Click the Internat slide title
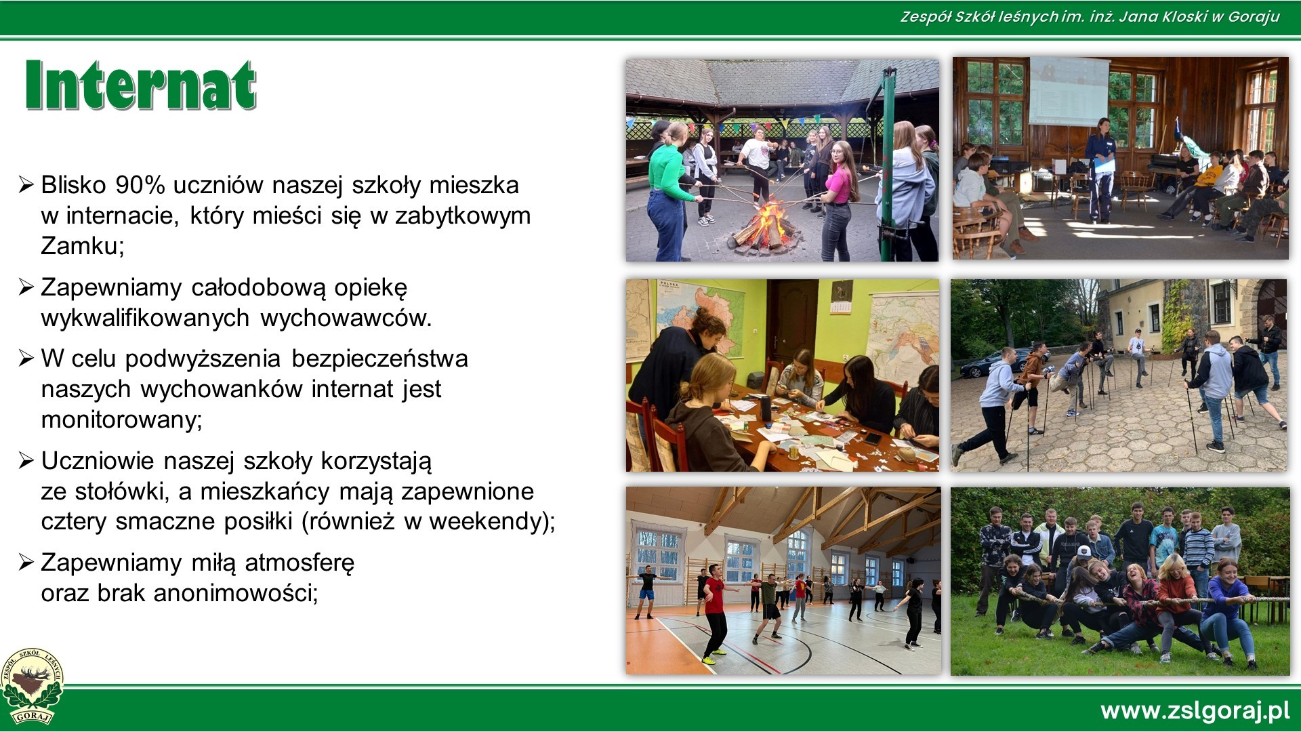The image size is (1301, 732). (140, 85)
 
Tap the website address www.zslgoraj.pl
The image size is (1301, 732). (1195, 711)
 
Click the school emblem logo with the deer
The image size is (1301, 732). (32, 686)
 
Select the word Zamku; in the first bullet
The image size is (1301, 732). (83, 245)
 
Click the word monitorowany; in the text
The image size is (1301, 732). (122, 420)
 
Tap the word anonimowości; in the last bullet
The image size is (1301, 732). (235, 593)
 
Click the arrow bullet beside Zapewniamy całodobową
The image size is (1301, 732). (26, 287)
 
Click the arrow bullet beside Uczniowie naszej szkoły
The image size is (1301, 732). (26, 461)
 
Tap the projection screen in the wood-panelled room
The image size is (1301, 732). (1069, 91)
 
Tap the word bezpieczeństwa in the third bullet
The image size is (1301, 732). (379, 359)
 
